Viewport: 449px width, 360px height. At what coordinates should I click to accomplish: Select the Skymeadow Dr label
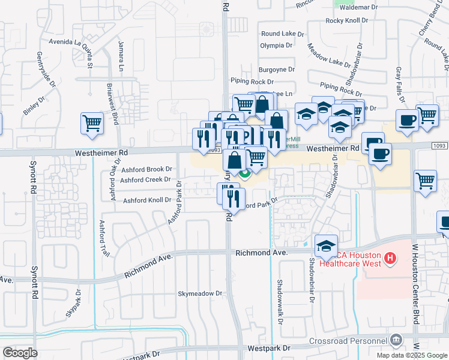(200, 293)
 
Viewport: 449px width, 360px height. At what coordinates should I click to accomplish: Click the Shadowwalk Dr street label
(280, 302)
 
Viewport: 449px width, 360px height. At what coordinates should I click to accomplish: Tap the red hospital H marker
(390, 259)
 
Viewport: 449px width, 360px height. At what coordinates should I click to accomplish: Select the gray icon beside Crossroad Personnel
(396, 340)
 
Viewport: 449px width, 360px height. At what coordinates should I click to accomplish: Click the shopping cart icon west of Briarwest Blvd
(92, 124)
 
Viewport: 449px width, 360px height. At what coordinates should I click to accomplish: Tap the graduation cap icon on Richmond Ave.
(326, 246)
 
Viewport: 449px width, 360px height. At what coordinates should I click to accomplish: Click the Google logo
(20, 353)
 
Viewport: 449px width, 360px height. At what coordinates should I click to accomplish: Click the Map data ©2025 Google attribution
(412, 355)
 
